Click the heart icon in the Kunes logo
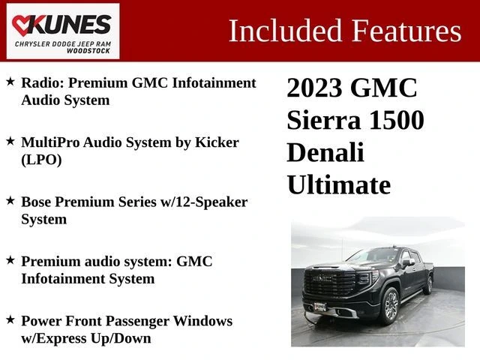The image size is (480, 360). (22, 25)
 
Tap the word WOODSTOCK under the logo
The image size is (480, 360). (88, 51)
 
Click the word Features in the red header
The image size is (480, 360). (406, 31)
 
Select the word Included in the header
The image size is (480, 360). (285, 31)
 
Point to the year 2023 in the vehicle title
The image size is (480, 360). (314, 88)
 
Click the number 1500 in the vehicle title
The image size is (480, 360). (397, 120)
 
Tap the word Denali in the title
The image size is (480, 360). (325, 152)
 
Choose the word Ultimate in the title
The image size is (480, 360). (338, 184)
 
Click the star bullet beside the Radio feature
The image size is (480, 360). (10, 82)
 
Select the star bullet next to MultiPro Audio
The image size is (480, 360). (10, 141)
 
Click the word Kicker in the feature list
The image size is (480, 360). (217, 142)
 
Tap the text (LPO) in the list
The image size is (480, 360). (41, 160)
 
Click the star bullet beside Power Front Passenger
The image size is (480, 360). (10, 320)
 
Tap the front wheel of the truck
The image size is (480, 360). (390, 305)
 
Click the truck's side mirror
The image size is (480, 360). (408, 262)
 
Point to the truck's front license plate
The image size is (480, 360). (320, 307)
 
